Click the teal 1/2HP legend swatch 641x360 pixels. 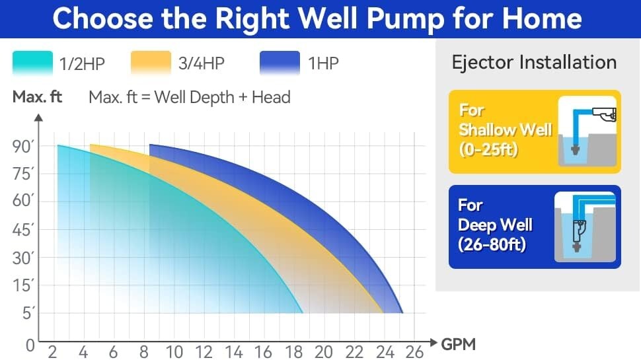tap(32, 64)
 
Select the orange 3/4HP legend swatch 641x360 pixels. tap(151, 64)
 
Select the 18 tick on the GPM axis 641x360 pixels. tap(293, 351)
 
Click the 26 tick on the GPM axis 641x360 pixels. tap(414, 351)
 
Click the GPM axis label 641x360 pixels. tap(458, 343)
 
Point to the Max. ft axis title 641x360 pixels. tap(37, 98)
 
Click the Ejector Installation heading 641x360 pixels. tap(534, 63)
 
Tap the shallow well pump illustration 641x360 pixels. tap(587, 131)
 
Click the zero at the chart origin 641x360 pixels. tap(30, 345)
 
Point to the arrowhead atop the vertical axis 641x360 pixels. tap(39, 118)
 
